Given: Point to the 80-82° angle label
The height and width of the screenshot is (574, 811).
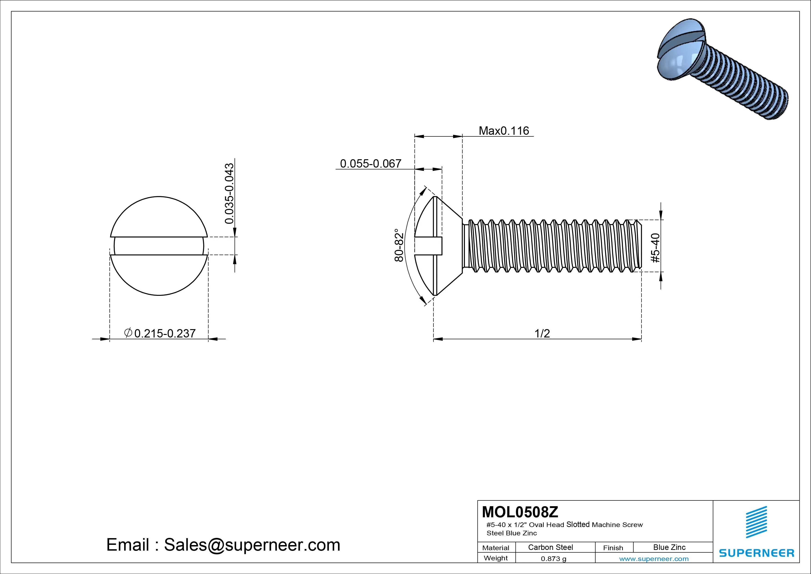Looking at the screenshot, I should (x=399, y=245).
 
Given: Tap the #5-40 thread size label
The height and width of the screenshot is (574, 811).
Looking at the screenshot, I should (x=655, y=248).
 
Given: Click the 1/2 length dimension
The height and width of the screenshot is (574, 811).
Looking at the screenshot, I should (x=542, y=333).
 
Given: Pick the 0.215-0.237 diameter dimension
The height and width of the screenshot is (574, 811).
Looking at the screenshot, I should (x=165, y=333).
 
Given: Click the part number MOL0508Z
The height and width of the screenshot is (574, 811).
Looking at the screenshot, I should (x=520, y=512).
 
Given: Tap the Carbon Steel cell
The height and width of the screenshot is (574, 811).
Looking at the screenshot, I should (x=550, y=547).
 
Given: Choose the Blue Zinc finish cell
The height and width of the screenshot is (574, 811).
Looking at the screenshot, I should (x=669, y=547).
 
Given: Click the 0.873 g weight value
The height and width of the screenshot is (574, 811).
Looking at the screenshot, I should (x=553, y=559).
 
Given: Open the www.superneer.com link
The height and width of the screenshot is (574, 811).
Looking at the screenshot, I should (x=654, y=559).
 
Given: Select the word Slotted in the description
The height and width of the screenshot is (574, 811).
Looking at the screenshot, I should (x=578, y=524).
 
